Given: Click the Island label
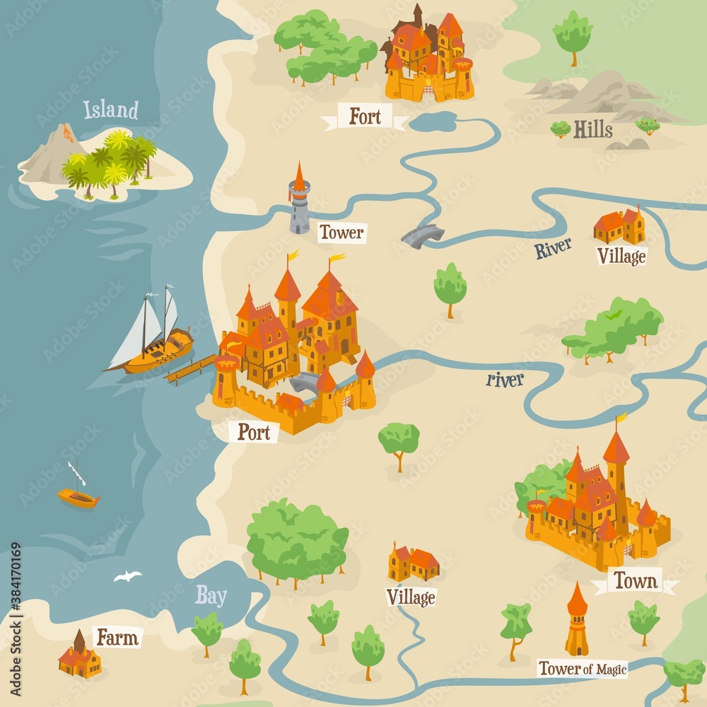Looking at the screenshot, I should (110, 110).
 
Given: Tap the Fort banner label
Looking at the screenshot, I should (365, 117).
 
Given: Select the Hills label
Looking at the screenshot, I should (592, 129).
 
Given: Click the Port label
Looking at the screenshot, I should (253, 432).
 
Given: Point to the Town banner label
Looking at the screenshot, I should (635, 581).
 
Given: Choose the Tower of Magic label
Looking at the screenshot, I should (583, 668).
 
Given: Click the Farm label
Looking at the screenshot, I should (117, 638).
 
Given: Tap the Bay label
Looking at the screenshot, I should (211, 596).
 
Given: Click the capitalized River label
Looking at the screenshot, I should (553, 248).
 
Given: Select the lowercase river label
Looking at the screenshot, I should (505, 380).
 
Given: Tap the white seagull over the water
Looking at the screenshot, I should (128, 576).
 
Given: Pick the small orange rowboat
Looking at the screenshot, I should (78, 498).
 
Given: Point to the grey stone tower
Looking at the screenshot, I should (299, 201).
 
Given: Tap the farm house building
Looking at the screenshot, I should (79, 658).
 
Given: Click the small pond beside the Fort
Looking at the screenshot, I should (433, 122).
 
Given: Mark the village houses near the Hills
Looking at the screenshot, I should (619, 226).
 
